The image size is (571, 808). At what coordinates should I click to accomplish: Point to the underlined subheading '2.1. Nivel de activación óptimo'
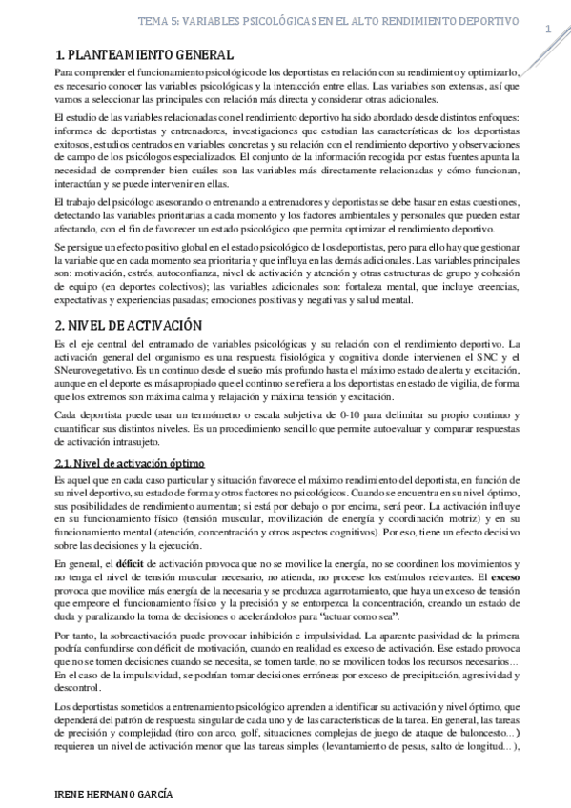click(x=127, y=463)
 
